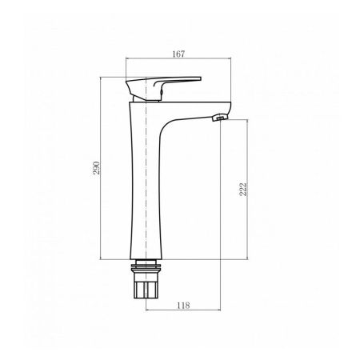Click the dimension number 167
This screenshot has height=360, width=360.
(x=178, y=54)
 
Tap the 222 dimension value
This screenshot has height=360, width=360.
(x=242, y=189)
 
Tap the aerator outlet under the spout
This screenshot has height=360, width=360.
(x=217, y=118)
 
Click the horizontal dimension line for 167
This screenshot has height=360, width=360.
(x=178, y=60)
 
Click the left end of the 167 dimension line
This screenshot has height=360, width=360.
(x=127, y=60)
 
